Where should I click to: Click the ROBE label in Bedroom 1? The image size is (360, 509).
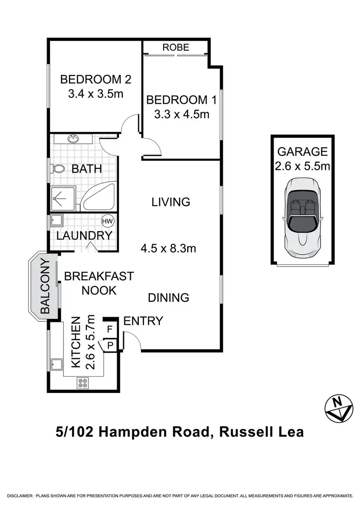coord(176,47)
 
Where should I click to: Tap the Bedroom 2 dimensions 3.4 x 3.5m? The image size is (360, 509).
coord(96,94)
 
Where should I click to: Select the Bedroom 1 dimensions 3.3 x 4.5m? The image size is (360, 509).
coord(181,115)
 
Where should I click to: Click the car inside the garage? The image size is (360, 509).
coord(303,218)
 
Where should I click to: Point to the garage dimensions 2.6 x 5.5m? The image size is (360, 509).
coord(303,166)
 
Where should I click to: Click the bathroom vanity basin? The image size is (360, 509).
coord(73,140)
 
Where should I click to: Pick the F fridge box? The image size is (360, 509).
coord(110,330)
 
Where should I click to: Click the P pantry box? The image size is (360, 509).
coord(110,344)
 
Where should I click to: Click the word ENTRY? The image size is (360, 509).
coord(143,321)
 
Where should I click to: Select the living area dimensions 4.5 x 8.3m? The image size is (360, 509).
coord(168,249)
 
